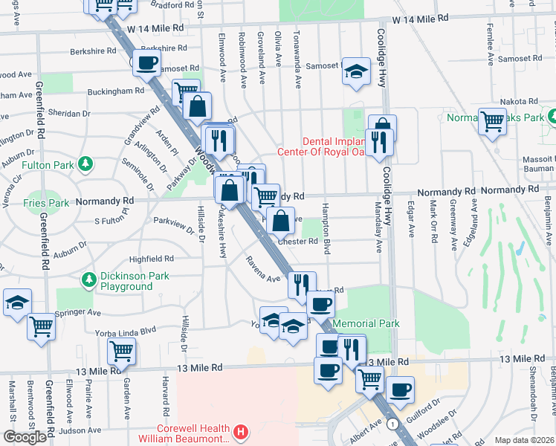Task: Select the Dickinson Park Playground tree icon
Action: pos(89,279)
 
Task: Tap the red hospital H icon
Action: pos(240,431)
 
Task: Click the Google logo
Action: pos(25,437)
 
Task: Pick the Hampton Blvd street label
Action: pos(326,228)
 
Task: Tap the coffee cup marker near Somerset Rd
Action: pos(147,63)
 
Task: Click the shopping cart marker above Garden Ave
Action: pos(121,349)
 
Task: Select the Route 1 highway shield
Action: pos(392,422)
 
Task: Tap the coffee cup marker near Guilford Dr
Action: pos(401,389)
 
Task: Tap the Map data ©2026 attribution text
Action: pos(524,440)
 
